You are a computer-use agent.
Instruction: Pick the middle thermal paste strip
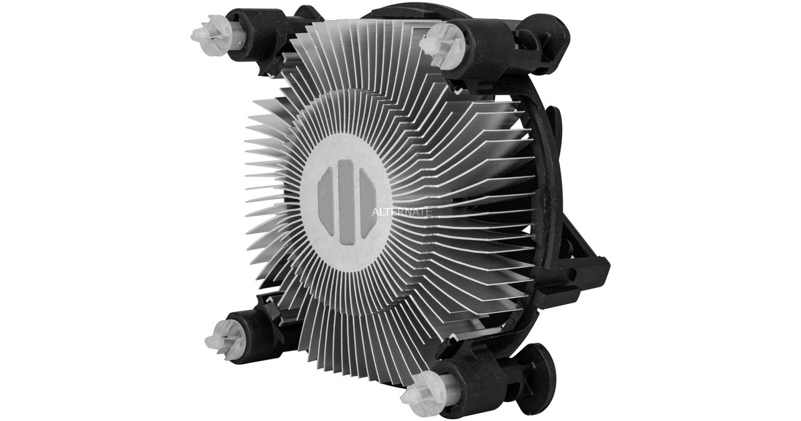tap(346, 201)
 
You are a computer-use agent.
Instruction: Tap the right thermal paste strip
tap(367, 200)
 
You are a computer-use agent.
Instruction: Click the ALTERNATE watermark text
tap(401, 210)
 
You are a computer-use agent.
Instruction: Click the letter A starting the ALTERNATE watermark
tap(374, 210)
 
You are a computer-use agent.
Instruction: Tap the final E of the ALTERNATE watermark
tap(429, 210)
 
